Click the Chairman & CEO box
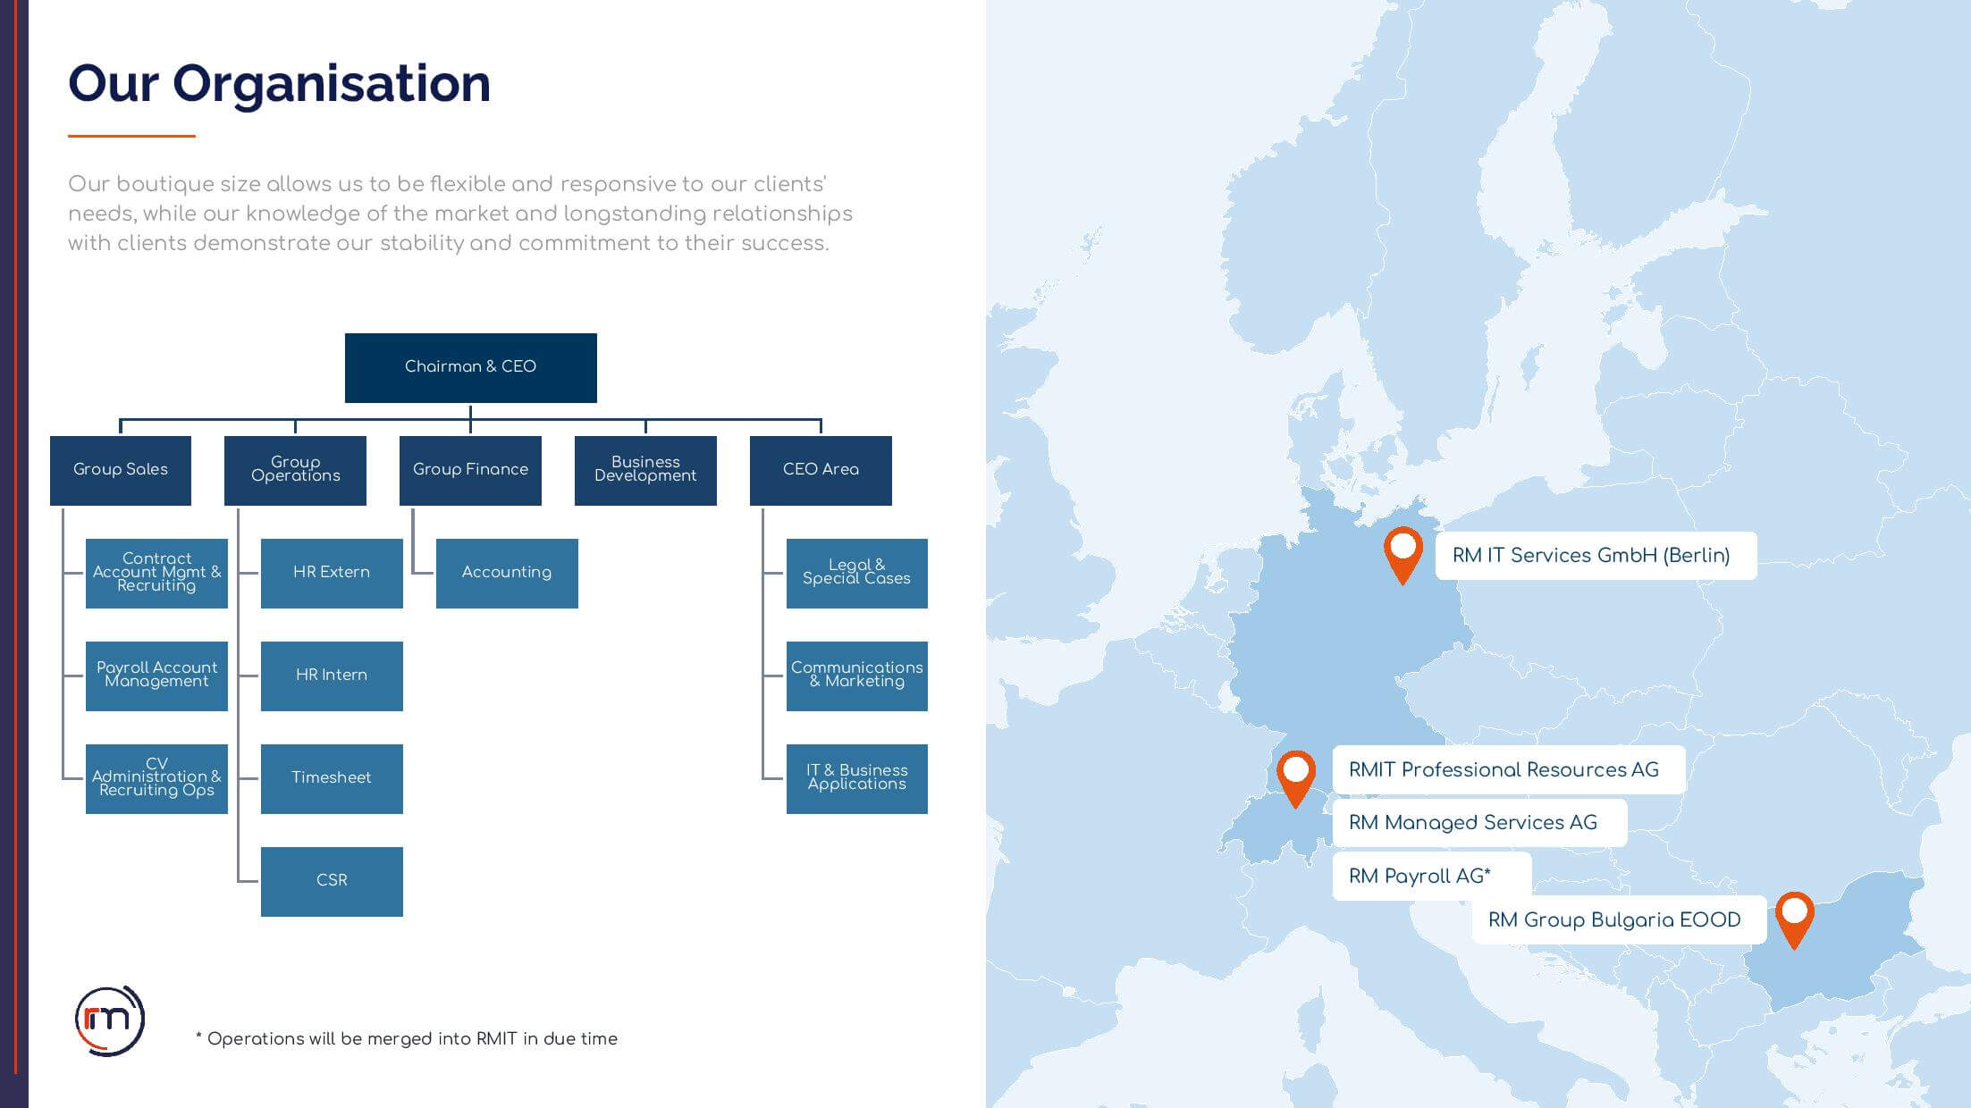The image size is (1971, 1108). [471, 367]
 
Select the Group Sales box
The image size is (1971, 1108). [121, 470]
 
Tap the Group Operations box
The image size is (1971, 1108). [295, 470]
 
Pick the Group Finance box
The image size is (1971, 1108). [470, 470]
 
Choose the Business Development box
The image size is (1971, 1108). [645, 470]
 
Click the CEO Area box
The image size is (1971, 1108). [821, 470]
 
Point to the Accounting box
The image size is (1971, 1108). [507, 573]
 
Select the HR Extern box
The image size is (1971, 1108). [332, 573]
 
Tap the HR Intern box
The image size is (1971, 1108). [332, 676]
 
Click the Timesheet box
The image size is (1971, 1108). [332, 778]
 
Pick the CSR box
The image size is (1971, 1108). [332, 881]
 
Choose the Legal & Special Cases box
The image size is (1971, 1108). [857, 573]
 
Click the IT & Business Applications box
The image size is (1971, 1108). [857, 778]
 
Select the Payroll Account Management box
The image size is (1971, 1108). [156, 676]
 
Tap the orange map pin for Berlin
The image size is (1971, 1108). [1403, 554]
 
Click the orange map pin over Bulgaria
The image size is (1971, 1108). [1794, 919]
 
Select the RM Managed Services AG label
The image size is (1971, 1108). [1479, 823]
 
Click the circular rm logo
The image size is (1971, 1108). [109, 1020]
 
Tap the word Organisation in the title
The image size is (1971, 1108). [332, 83]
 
